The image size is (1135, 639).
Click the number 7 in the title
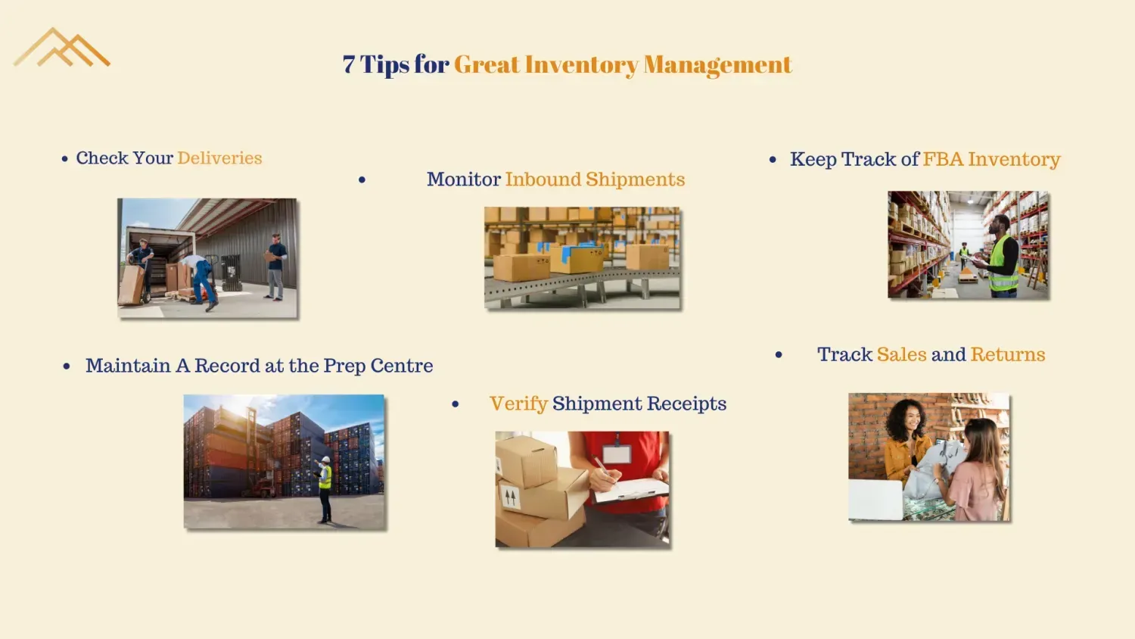349,64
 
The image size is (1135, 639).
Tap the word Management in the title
717,66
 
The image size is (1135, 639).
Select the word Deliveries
219,158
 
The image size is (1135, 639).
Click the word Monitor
464,179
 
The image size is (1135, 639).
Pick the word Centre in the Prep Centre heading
402,366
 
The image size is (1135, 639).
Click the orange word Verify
518,404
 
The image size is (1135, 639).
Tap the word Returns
1008,354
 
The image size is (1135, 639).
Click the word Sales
902,354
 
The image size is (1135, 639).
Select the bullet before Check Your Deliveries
65,159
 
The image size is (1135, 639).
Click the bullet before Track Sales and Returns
779,354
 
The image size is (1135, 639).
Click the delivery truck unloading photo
207,258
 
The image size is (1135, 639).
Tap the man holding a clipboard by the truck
275,267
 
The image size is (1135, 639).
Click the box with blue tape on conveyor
577,259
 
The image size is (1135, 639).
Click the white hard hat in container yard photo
326,460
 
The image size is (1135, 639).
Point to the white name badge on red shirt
617,454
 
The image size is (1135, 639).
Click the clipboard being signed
631,490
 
